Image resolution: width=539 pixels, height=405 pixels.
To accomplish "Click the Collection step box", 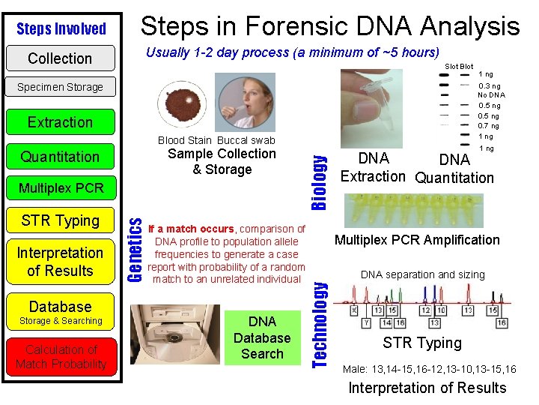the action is pyautogui.click(x=60, y=58).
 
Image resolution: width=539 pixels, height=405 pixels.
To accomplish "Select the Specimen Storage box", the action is pyautogui.click(x=60, y=87).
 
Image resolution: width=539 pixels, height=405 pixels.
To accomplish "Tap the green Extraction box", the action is pyautogui.click(x=60, y=121).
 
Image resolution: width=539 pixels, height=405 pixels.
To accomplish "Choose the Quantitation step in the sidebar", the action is pyautogui.click(x=60, y=157).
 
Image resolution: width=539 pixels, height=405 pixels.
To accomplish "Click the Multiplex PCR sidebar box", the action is pyautogui.click(x=60, y=187).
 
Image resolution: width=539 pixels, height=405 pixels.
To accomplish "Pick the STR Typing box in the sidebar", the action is pyautogui.click(x=60, y=220).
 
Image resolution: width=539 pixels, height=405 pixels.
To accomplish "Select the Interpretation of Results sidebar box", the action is pyautogui.click(x=60, y=262).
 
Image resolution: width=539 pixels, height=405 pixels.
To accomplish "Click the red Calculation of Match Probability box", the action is pyautogui.click(x=61, y=357).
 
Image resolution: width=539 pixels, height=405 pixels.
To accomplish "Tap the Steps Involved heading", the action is pyautogui.click(x=61, y=28).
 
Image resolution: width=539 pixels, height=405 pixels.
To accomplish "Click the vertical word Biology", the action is pyautogui.click(x=320, y=172).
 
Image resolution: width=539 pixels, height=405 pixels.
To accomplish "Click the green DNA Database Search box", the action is pyautogui.click(x=262, y=337).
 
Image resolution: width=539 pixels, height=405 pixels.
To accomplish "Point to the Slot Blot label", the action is pyautogui.click(x=459, y=67).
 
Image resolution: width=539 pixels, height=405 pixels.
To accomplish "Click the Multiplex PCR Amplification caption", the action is pyautogui.click(x=417, y=240).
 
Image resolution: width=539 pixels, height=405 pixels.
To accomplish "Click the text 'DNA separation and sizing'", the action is pyautogui.click(x=423, y=274).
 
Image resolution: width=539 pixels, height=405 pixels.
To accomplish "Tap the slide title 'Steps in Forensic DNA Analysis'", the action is pyautogui.click(x=330, y=26).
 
